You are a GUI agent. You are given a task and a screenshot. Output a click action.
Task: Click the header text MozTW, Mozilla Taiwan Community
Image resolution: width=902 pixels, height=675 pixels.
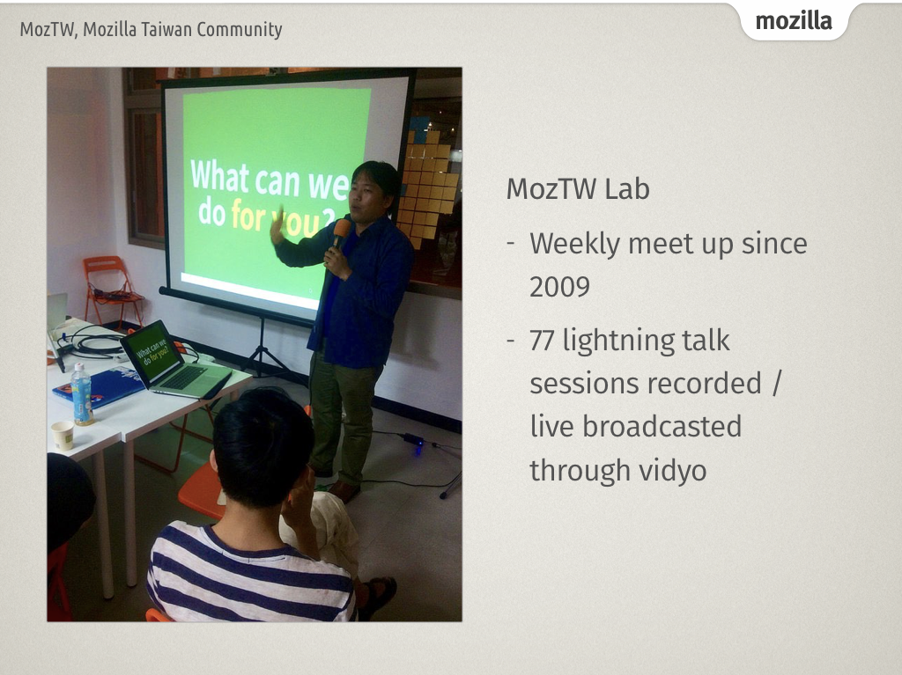151,30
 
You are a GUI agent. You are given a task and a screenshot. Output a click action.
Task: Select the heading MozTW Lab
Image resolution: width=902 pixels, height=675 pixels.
578,188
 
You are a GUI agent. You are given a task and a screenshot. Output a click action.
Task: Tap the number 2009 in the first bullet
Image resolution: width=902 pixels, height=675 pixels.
559,286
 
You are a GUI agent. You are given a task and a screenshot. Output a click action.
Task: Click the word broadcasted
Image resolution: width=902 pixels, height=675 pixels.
662,426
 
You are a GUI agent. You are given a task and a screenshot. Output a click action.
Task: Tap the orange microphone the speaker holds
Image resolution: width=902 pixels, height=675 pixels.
340,231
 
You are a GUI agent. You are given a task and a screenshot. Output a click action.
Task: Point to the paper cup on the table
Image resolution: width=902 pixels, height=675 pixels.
62,435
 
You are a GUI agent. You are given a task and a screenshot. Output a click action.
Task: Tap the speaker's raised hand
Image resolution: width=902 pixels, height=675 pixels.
277,226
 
